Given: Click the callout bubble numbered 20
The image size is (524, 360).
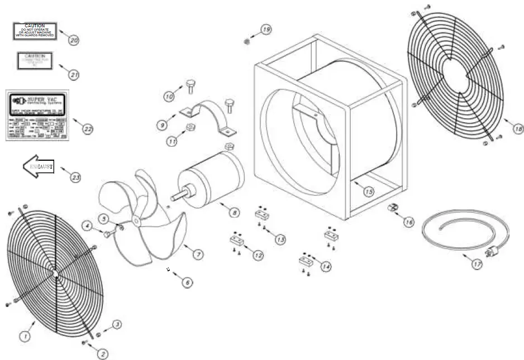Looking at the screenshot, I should [x=74, y=40].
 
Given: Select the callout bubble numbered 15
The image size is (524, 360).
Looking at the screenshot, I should [x=368, y=191].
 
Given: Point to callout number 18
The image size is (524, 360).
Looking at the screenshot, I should [x=518, y=129].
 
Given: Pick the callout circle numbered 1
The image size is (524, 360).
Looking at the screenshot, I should [x=25, y=336].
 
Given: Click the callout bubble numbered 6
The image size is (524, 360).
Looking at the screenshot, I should [x=187, y=282].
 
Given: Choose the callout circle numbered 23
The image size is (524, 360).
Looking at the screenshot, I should [x=75, y=177].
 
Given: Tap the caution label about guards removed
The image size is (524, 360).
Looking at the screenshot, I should [x=35, y=31].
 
